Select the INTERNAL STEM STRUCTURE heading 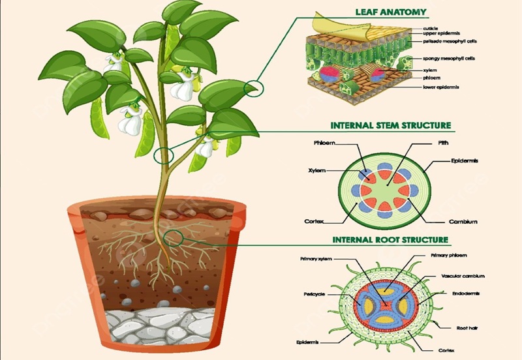(391, 125)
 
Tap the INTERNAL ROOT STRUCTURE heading (390, 240)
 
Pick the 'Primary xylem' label (316, 259)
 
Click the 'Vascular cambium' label (463, 276)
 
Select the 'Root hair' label (466, 327)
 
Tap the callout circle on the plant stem (164, 155)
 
